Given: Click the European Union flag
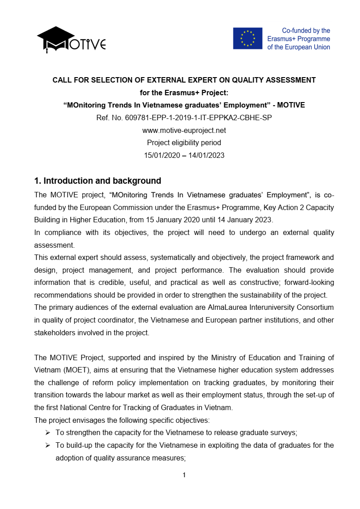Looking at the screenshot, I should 247,39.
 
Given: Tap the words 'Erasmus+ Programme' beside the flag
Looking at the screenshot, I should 299,39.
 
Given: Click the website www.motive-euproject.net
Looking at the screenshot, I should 184,131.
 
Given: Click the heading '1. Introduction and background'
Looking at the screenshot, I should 98,181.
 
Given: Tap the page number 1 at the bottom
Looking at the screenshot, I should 184,475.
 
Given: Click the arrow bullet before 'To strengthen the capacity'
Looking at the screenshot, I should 48,433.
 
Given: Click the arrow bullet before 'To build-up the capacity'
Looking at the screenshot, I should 48,445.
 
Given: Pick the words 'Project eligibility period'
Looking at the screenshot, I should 184,143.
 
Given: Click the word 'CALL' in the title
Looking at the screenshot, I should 61,80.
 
